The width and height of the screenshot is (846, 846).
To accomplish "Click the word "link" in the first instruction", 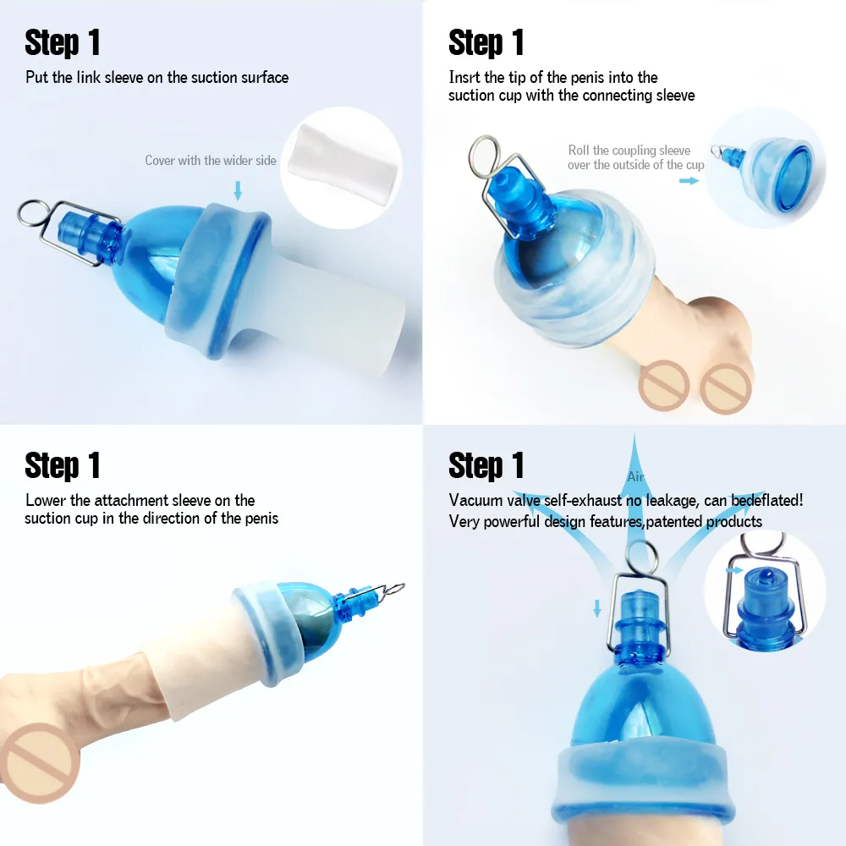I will [88, 78].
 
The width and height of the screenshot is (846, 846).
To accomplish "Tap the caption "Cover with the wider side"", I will [211, 160].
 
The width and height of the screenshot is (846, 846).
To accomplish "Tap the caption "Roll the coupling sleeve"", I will [629, 150].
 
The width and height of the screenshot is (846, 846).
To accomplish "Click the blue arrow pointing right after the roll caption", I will [689, 180].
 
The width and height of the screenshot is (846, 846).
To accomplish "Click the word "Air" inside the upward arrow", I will [635, 477].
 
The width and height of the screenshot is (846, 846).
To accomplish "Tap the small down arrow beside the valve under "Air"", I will [597, 607].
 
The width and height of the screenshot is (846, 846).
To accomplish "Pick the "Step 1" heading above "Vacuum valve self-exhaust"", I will [486, 465].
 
